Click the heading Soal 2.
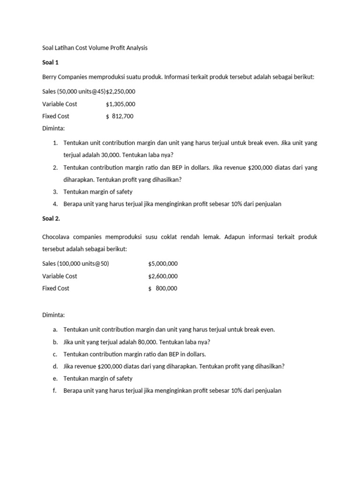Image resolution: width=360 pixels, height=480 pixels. pos(52,218)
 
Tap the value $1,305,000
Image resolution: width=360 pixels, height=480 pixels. pos(121,104)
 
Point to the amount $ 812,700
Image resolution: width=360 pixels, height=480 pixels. pos(120,116)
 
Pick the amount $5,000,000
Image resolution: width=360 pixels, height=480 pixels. pos(163,264)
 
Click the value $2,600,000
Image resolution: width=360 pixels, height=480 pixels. pos(163,276)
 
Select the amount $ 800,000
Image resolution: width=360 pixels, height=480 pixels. pos(163,289)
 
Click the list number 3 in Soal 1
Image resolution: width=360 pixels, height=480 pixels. pos(55,192)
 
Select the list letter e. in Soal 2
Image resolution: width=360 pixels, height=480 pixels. pos(55,379)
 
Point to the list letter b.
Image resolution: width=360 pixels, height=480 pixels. pos(55,342)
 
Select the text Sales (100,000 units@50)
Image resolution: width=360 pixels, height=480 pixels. pos(75,264)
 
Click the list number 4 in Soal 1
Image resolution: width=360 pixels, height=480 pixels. pos(55,204)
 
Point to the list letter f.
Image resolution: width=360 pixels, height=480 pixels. pos(55,391)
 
